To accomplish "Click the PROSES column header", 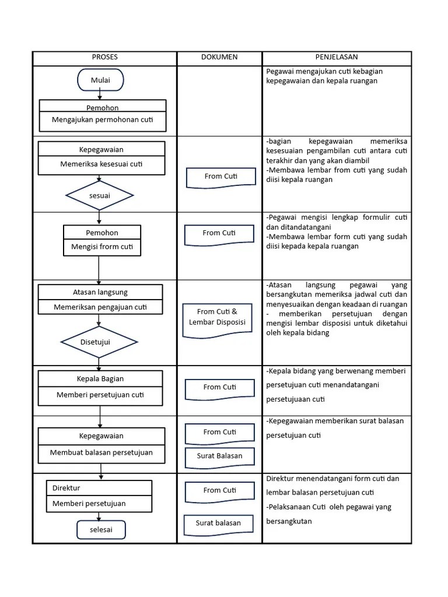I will coord(104,57).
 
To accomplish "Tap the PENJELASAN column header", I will coord(337,57).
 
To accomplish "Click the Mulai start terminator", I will coord(100,80).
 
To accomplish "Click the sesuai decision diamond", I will coord(100,196).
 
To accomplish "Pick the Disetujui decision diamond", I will coord(100,342).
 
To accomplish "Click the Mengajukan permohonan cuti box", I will coord(103,121).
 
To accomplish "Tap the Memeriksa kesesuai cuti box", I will coord(102,164).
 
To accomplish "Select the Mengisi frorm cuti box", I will coord(102,247).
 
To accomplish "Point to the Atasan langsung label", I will coord(100,292).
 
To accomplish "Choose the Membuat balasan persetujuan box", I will coord(101,452).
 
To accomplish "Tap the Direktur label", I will coord(66,488).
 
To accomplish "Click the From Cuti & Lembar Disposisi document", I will coord(217,319).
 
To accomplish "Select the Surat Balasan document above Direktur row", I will coord(219,456).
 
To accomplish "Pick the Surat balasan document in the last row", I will coord(218,524).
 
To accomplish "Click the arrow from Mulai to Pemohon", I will coord(100,95).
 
